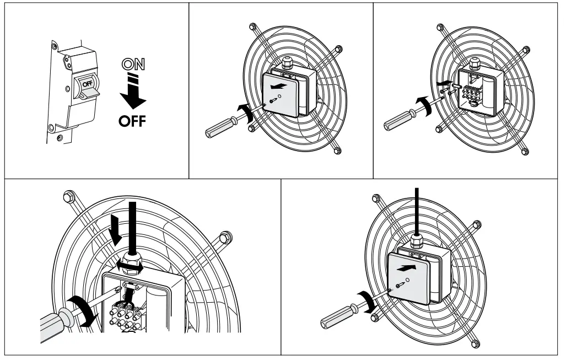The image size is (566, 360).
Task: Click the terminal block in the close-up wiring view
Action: (x=127, y=317)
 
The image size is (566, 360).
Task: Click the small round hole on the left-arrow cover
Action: (x=281, y=96)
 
